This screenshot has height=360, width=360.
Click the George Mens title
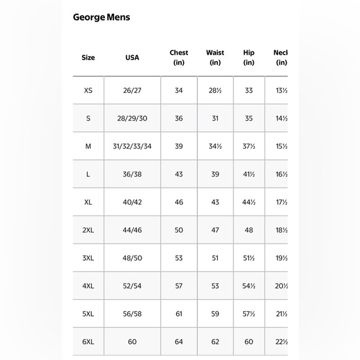[x=101, y=17]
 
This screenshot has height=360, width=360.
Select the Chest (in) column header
[x=179, y=57]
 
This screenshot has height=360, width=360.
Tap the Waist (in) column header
[x=215, y=57]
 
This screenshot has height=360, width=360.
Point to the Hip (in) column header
[x=249, y=57]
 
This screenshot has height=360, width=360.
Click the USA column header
[x=132, y=58]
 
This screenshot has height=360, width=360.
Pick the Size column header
[x=88, y=58]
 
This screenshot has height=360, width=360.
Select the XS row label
[x=88, y=91]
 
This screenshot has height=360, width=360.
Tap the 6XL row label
[x=88, y=342]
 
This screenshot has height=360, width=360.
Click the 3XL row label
[x=88, y=258]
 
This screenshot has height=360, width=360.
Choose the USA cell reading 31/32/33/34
[x=132, y=146]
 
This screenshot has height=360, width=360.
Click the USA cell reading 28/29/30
[x=132, y=119]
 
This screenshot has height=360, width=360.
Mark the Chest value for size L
[x=179, y=174]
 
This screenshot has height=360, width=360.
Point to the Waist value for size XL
[x=215, y=202]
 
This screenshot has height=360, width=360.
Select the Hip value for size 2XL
[x=249, y=230]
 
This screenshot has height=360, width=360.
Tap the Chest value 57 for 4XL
[x=179, y=286]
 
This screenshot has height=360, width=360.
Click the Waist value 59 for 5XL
[x=215, y=314]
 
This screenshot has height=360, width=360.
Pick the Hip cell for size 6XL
[x=249, y=342]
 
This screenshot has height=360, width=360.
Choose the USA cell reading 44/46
[x=132, y=230]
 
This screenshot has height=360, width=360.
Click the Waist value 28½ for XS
[x=215, y=91]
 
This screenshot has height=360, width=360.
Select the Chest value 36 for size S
[x=179, y=119]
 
